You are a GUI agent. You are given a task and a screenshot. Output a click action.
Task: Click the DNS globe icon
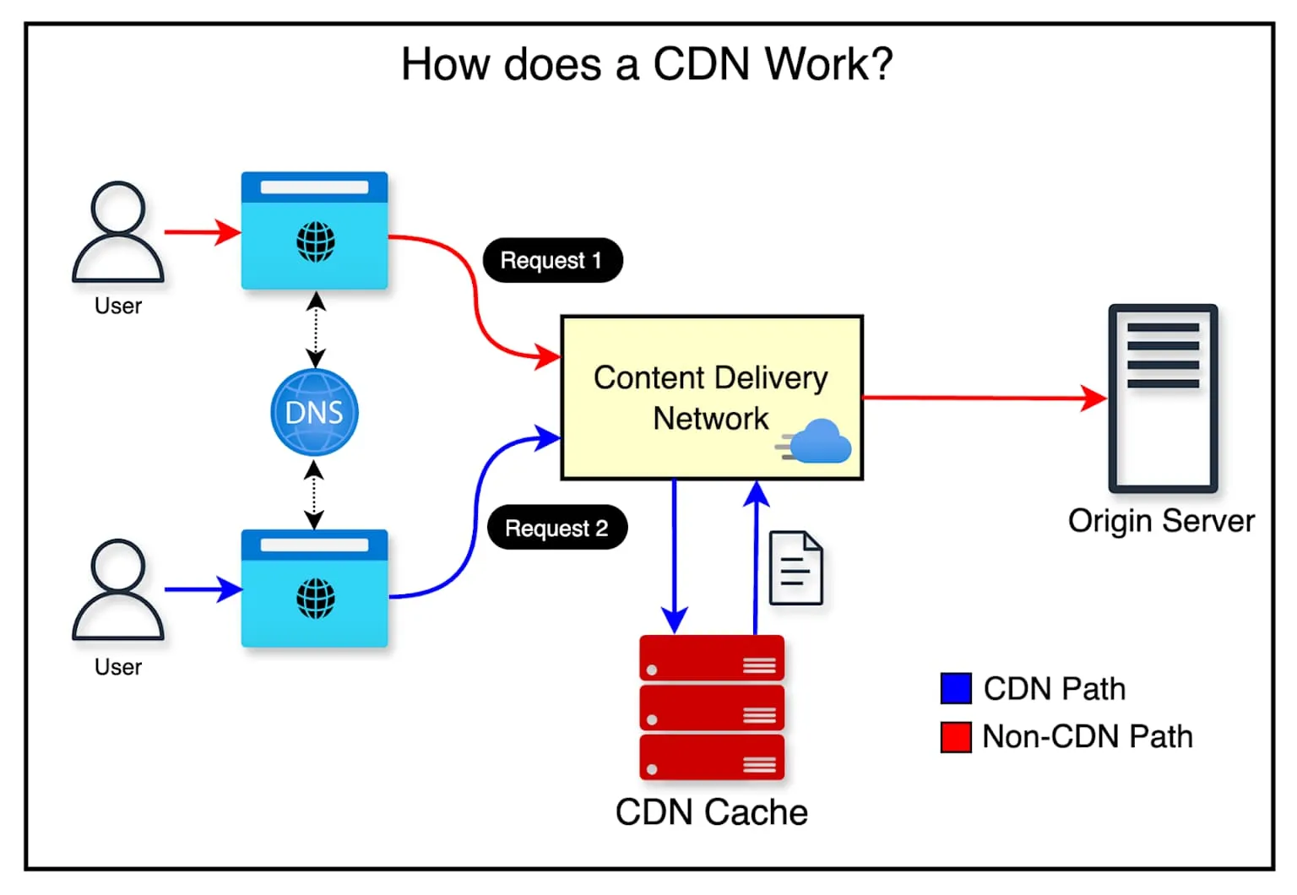pos(314,412)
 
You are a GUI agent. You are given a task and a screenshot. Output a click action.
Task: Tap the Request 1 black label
pos(552,260)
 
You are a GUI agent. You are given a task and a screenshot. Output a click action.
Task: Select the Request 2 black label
pos(556,528)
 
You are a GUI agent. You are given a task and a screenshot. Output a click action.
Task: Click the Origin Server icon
pos(1162,399)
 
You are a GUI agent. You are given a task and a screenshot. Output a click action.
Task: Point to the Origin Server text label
pos(1160,521)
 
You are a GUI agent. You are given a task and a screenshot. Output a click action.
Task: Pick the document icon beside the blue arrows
pos(795,568)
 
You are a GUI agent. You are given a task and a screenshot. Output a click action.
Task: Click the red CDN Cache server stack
pos(711,708)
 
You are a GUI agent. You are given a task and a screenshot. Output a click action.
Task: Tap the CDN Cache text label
pos(711,812)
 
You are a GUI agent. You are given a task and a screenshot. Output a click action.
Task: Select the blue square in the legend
pos(955,688)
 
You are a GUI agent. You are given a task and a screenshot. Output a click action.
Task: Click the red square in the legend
pos(955,736)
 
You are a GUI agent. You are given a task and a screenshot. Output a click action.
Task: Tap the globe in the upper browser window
pos(315,242)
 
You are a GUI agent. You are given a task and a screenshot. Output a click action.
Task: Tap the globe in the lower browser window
pos(315,599)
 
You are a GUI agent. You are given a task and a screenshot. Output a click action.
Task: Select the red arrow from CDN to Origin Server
pos(980,398)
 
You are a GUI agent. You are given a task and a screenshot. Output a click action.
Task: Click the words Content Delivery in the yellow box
pos(710,377)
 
